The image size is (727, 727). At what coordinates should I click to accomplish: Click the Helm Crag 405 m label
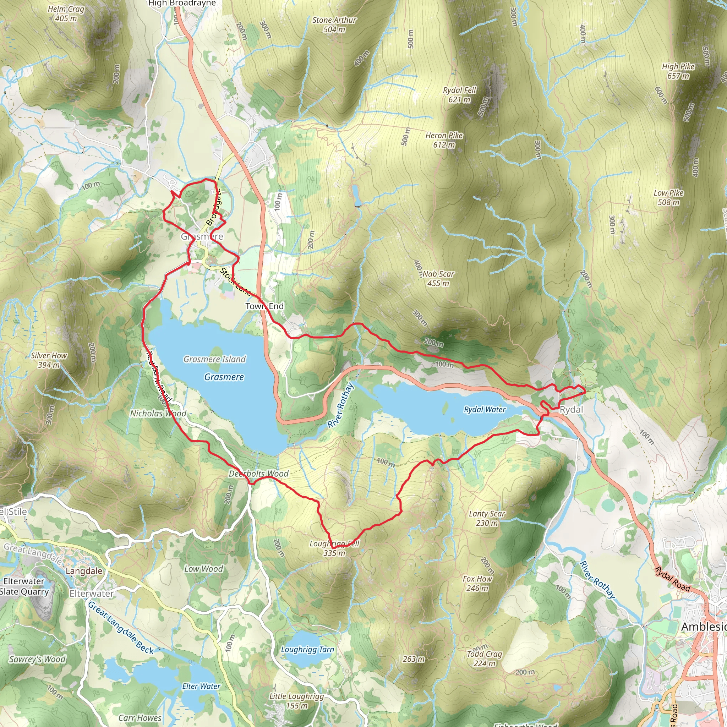point(66,14)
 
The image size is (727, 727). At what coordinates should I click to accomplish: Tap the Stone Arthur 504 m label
point(334,25)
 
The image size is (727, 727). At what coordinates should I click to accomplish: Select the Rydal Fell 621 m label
point(459,95)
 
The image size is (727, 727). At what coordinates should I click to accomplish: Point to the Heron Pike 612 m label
point(444,140)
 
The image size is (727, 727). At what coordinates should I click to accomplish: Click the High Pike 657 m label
point(678,71)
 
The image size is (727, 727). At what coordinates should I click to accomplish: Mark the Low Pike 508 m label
point(669,198)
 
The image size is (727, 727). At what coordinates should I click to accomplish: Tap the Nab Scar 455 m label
point(438,278)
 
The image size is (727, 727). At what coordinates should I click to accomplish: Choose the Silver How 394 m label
point(49,360)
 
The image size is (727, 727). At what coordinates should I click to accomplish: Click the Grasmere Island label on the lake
point(214,359)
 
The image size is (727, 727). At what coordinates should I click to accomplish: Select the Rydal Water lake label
point(485,409)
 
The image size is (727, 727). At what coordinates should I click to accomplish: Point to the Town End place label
point(264,306)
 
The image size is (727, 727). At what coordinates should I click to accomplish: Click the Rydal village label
point(571,410)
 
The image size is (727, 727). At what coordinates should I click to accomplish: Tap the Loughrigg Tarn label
point(307,650)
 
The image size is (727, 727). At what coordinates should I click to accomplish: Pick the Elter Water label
point(201,687)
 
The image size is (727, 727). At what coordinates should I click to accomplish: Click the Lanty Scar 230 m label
point(487,518)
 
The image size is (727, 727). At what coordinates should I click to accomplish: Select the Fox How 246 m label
point(477,583)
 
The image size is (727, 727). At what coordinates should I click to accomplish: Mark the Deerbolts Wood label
point(258,474)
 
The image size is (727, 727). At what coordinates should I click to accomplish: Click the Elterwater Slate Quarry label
point(24,586)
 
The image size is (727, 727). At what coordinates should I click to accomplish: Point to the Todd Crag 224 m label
point(484,658)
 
